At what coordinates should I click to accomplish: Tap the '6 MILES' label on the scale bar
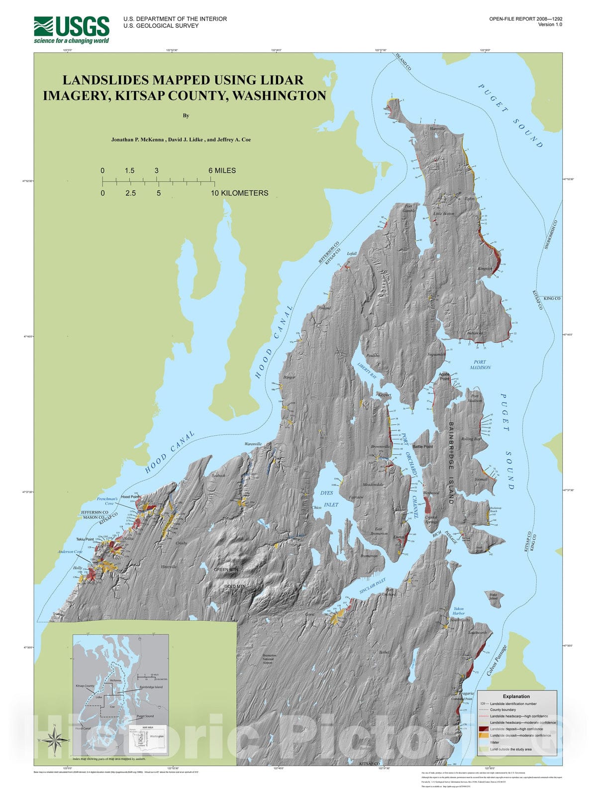(222, 171)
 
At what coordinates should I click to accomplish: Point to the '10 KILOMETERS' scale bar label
(239, 193)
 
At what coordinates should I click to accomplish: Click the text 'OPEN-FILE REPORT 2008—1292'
(525, 19)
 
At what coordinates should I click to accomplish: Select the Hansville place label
(437, 129)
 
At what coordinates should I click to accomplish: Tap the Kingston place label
(485, 269)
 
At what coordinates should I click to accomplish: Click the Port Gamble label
(409, 208)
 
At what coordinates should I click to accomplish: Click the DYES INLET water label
(327, 498)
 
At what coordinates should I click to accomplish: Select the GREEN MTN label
(226, 570)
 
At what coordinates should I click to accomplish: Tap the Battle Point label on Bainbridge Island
(422, 447)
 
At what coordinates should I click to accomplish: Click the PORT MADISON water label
(480, 365)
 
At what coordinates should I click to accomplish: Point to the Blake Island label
(493, 596)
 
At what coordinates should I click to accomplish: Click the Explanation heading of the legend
(516, 696)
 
